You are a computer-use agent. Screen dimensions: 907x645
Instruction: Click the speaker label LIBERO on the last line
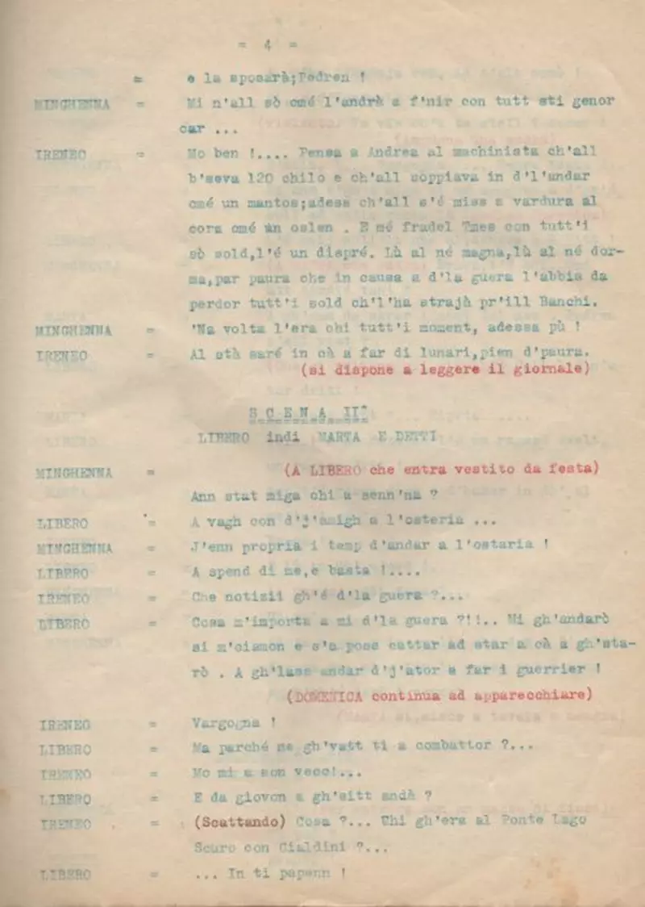click(x=64, y=874)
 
